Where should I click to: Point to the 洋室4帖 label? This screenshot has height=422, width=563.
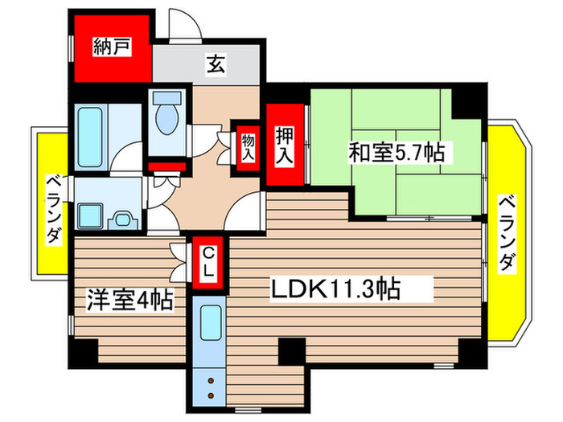(x=129, y=302)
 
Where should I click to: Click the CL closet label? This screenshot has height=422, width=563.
(x=208, y=264)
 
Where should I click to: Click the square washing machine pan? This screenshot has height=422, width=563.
(x=88, y=215)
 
